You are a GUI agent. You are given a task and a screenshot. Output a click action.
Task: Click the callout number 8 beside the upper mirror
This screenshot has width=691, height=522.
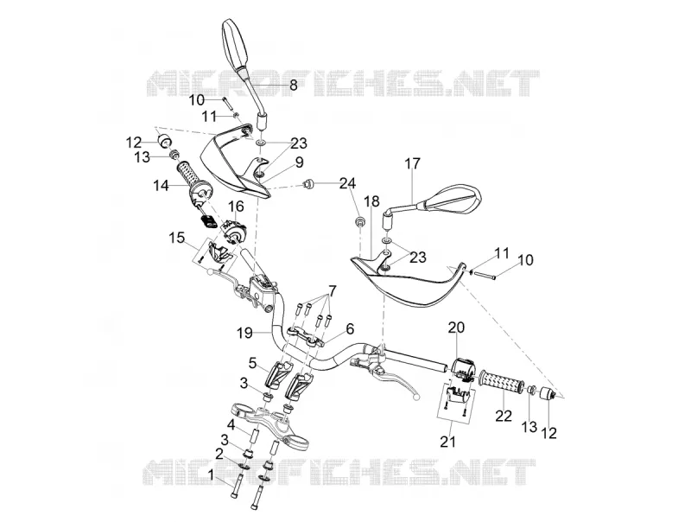pyautogui.click(x=293, y=85)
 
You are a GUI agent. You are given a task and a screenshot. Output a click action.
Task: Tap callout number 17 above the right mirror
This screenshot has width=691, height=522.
pyautogui.click(x=413, y=163)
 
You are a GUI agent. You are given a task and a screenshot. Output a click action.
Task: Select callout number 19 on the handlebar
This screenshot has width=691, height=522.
pyautogui.click(x=244, y=333)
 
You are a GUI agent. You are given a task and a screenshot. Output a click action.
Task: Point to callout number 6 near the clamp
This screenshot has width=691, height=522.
pyautogui.click(x=350, y=328)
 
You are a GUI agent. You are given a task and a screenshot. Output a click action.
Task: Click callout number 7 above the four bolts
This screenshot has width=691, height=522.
pyautogui.click(x=332, y=291)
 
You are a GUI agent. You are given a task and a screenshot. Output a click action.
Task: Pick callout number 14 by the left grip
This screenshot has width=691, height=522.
pyautogui.click(x=161, y=186)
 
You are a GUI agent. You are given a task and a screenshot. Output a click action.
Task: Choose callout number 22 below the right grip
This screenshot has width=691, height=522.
pyautogui.click(x=504, y=416)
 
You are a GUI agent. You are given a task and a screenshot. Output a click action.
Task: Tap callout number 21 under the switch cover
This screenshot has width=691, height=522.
pyautogui.click(x=447, y=442)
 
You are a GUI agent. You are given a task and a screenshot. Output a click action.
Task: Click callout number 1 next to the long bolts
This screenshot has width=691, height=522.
pyautogui.click(x=212, y=475)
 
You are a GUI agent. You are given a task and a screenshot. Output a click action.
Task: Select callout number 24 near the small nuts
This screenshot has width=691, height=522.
pyautogui.click(x=347, y=183)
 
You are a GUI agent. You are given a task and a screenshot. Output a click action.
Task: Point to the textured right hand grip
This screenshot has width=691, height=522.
pyautogui.click(x=503, y=383)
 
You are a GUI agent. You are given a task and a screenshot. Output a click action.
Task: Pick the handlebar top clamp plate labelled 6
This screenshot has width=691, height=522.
pyautogui.click(x=307, y=335)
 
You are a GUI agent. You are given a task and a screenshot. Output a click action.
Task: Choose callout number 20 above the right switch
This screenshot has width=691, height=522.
pyautogui.click(x=457, y=328)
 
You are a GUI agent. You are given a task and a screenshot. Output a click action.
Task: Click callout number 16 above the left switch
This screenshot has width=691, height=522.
pyautogui.click(x=236, y=206)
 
